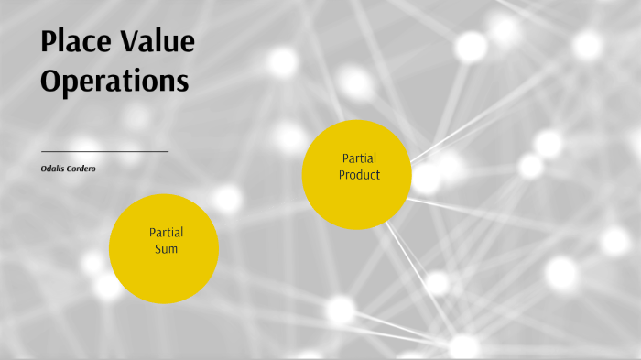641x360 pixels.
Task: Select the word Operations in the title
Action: [x=114, y=81]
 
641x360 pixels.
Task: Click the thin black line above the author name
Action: [x=104, y=151]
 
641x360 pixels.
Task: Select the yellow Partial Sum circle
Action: [x=164, y=248]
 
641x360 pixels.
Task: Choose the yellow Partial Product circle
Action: [x=357, y=174]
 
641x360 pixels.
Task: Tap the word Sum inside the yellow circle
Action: [x=166, y=248]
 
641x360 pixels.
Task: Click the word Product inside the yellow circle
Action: [x=359, y=174]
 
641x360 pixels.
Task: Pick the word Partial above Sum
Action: [x=166, y=232]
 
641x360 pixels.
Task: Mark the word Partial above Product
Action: [x=359, y=158]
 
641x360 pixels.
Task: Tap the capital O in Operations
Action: [x=51, y=81]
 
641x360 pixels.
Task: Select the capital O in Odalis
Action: [x=44, y=168]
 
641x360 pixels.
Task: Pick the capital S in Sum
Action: [x=157, y=248]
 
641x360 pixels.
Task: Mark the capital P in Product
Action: [x=342, y=174]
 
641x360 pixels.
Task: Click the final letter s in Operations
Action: [x=183, y=82]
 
